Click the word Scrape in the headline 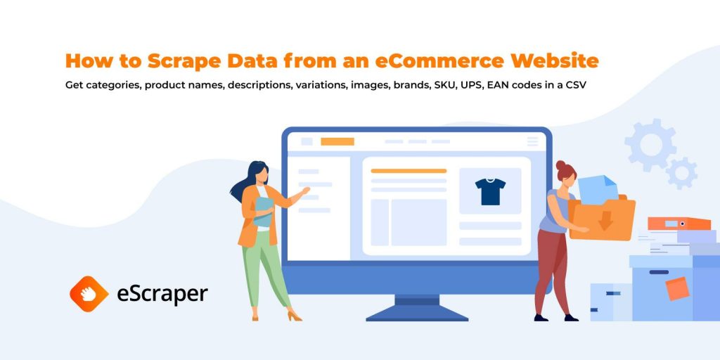(181, 61)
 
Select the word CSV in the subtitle (576, 85)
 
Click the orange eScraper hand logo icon (89, 294)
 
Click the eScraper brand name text (162, 295)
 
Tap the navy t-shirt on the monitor (490, 191)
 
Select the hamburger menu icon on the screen (533, 141)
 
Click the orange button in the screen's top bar (337, 141)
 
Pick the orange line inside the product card (409, 171)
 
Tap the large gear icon (650, 145)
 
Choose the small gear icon (682, 173)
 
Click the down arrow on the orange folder (605, 220)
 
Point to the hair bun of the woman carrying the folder (560, 165)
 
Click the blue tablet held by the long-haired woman (263, 212)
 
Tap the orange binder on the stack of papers (679, 224)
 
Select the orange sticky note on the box (677, 288)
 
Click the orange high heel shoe (294, 316)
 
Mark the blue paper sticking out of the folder (597, 190)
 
